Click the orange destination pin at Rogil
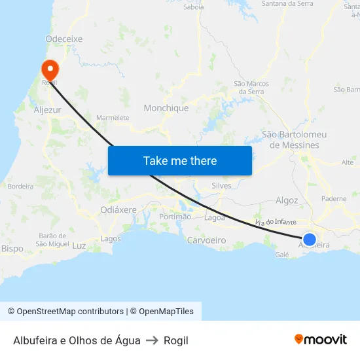[x=50, y=68]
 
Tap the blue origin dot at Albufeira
[x=310, y=240]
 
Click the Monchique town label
[x=166, y=108]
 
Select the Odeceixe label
[x=64, y=39]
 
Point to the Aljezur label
[x=47, y=110]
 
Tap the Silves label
[x=222, y=186]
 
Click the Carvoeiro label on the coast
[x=207, y=240]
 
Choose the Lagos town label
[x=111, y=239]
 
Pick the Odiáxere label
[x=118, y=209]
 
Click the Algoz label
[x=287, y=200]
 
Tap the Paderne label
[x=334, y=198]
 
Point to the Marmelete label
[x=113, y=118]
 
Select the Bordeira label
[x=20, y=187]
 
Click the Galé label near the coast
[x=282, y=255]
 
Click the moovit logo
[x=321, y=339]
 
